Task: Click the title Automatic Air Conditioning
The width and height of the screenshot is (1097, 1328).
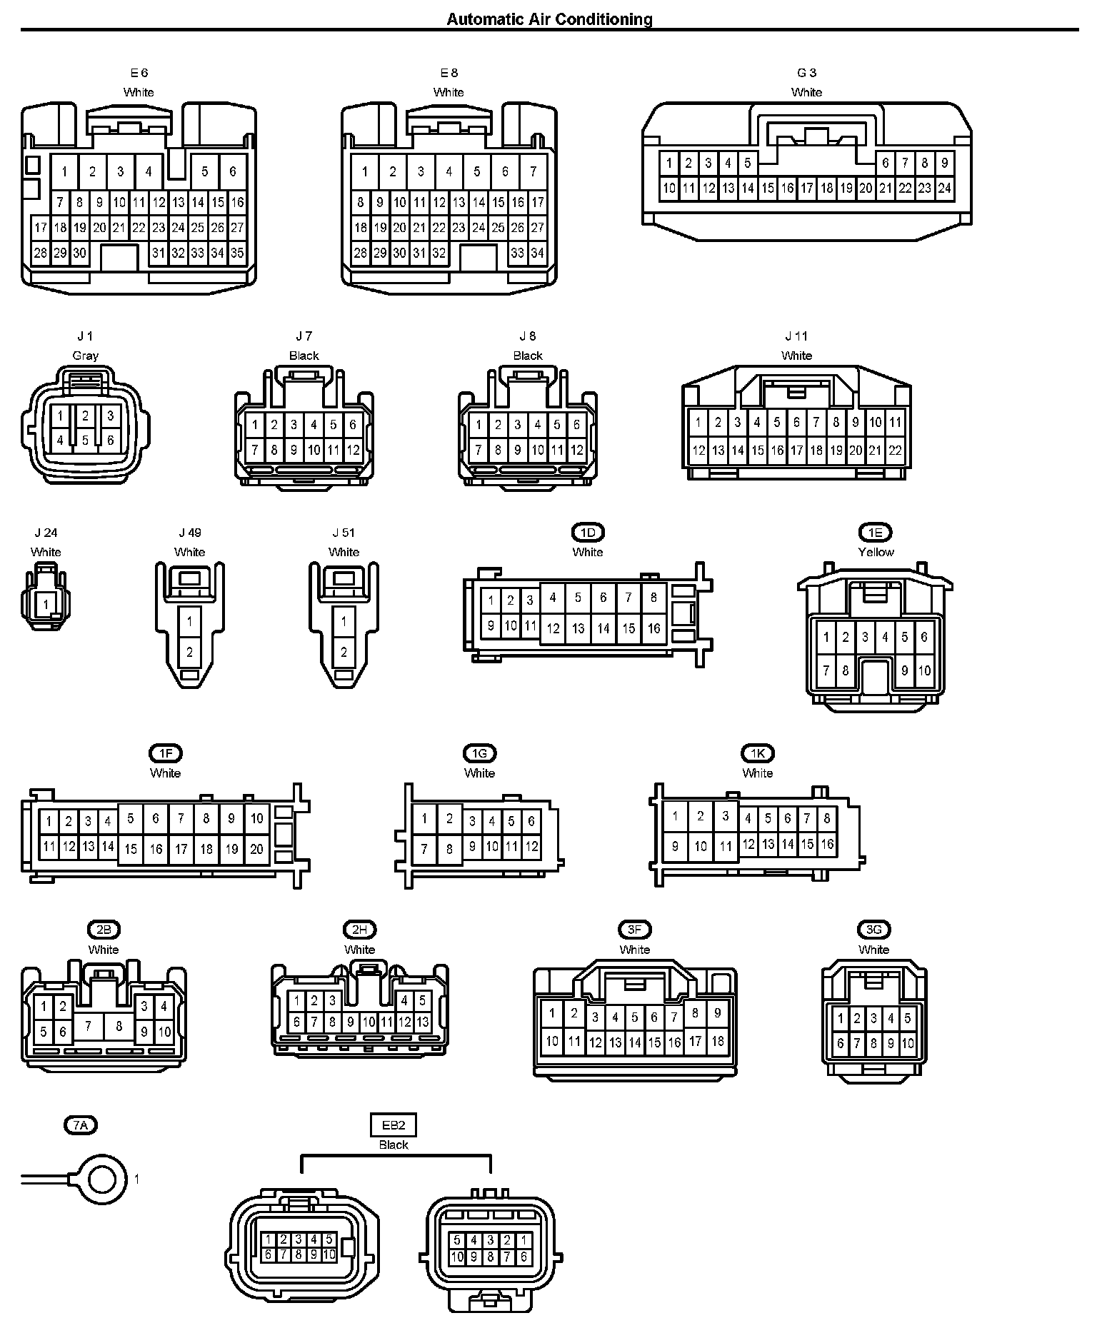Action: pos(549,19)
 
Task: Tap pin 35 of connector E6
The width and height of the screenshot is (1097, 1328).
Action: pos(237,253)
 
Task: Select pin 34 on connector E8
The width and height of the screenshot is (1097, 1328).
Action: pos(537,253)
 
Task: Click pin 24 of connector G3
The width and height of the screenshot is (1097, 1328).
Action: pos(944,188)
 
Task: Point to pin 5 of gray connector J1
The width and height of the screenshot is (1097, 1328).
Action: pos(85,441)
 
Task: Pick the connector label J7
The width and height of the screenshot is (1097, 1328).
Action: pos(304,336)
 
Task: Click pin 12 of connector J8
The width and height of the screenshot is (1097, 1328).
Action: pos(577,451)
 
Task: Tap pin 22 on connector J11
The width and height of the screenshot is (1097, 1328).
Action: pos(895,451)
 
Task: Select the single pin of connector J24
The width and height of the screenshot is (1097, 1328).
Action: pos(46,604)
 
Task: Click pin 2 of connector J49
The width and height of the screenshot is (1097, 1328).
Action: pos(189,651)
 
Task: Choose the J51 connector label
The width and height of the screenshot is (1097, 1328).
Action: pos(344,533)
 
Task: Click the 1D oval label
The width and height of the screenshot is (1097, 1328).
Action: pos(588,533)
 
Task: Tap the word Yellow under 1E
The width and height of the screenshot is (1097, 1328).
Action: pos(876,552)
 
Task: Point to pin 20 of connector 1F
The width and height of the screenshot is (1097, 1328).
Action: pos(256,849)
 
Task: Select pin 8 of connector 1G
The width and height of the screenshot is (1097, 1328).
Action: pos(449,849)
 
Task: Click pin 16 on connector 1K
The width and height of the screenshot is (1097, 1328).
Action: pos(827,844)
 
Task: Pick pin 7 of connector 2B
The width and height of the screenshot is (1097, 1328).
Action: pos(89,1026)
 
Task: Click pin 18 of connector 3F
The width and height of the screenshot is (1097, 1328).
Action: pos(717,1041)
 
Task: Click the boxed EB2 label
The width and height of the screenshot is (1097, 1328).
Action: pos(394,1126)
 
